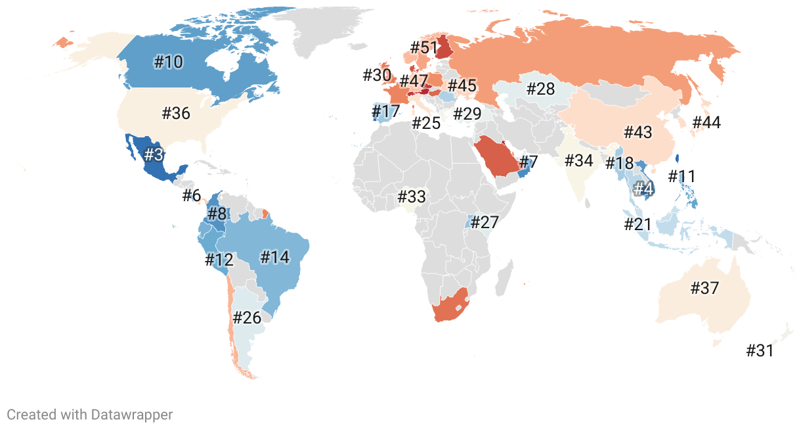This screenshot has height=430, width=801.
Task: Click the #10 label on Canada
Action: point(169,62)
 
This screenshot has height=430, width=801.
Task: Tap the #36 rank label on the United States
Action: point(176,113)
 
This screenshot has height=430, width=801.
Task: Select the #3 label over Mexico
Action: point(153,155)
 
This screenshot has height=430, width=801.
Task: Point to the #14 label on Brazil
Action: point(274,256)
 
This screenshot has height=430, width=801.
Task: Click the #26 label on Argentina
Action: point(248,318)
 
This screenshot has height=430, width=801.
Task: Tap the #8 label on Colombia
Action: point(217,214)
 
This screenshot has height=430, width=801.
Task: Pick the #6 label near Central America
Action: point(191,195)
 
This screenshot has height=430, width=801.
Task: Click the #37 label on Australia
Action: point(704,288)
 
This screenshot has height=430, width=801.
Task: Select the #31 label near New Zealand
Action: point(760,350)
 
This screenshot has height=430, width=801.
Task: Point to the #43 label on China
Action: point(638,132)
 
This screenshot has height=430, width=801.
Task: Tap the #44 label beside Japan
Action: point(706,122)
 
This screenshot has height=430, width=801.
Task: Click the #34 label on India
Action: point(578,160)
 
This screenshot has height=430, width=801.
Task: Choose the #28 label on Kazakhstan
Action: point(541,89)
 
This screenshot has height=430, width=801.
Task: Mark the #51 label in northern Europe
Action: point(423,47)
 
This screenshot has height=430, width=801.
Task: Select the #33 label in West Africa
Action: point(412,196)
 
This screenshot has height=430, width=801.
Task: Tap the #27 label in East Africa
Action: point(485,222)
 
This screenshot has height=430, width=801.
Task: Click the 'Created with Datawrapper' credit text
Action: point(90,414)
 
